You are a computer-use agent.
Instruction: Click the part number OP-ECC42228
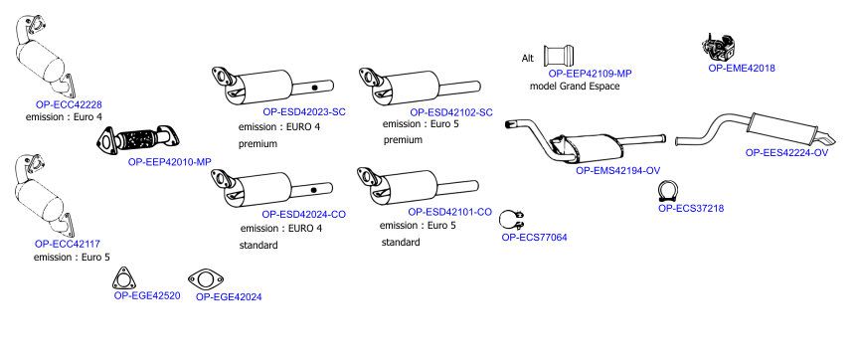[x=69, y=104]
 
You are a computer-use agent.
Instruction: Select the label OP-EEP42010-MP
[x=170, y=161]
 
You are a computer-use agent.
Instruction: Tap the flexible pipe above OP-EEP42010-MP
[x=139, y=138]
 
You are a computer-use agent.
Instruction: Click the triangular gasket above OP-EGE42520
[x=123, y=278]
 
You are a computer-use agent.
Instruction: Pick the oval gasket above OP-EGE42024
[x=206, y=280]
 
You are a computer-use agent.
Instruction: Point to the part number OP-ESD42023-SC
[x=304, y=112]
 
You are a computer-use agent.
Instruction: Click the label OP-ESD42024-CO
[x=303, y=214]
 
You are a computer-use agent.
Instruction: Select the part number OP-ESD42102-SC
[x=451, y=112]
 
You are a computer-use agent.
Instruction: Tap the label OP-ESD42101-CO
[x=449, y=212]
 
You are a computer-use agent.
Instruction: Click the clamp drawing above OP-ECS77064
[x=512, y=220]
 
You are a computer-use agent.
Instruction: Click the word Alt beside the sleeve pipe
[x=528, y=58]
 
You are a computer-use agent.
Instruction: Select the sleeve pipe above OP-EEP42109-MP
[x=559, y=56]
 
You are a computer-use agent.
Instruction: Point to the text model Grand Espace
[x=575, y=86]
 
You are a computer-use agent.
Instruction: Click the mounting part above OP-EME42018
[x=718, y=47]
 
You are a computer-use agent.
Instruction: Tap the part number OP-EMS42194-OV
[x=617, y=170]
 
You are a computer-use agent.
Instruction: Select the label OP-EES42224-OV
[x=786, y=152]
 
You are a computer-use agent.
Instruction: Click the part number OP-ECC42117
[x=68, y=244]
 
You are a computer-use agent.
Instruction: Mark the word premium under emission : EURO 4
[x=258, y=144]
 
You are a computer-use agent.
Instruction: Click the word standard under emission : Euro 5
[x=401, y=242]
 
